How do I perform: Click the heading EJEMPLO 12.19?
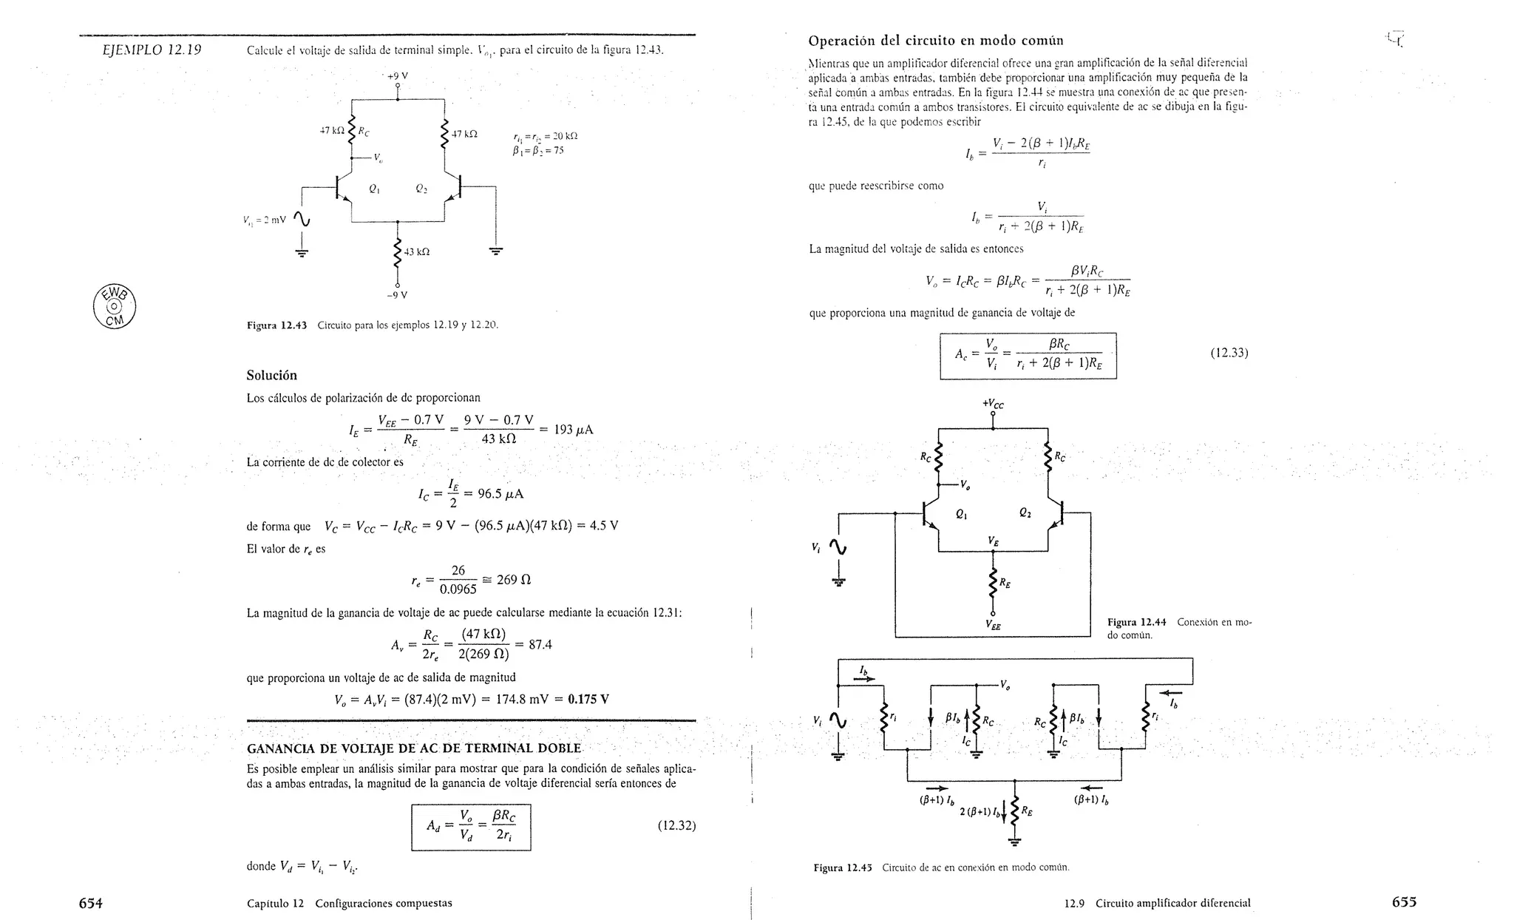152,50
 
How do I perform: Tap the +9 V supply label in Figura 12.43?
398,75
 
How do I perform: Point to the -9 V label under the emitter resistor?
397,295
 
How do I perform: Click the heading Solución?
271,375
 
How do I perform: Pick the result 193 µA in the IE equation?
574,430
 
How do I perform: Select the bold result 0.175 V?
588,699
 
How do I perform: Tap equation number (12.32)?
676,826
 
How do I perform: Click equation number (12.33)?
1229,354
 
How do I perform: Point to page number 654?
91,902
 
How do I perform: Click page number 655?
1404,902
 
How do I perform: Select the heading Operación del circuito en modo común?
936,41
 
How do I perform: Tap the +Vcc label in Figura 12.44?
993,404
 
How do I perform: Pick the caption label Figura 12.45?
843,867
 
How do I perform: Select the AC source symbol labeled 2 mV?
302,220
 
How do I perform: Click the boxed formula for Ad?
471,827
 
